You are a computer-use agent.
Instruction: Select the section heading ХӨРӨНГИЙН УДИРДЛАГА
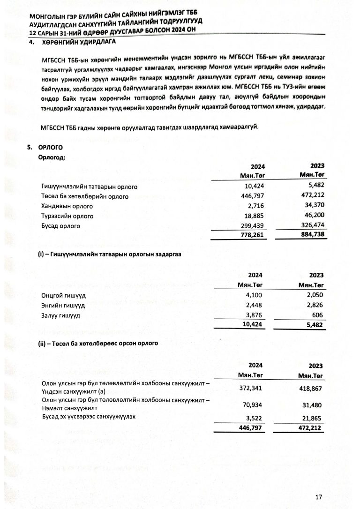point(78,41)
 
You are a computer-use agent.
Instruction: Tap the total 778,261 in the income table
point(253,235)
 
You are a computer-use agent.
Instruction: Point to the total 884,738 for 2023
point(311,234)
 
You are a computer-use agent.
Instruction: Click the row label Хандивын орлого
point(67,206)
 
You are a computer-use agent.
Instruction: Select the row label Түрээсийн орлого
point(67,216)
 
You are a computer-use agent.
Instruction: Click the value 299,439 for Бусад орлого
point(253,225)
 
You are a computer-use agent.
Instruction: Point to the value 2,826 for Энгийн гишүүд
point(315,305)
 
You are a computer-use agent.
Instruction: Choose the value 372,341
point(253,389)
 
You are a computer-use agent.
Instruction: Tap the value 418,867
point(312,389)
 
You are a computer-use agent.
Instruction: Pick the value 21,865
point(313,418)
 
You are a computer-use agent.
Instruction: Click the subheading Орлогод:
point(52,157)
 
